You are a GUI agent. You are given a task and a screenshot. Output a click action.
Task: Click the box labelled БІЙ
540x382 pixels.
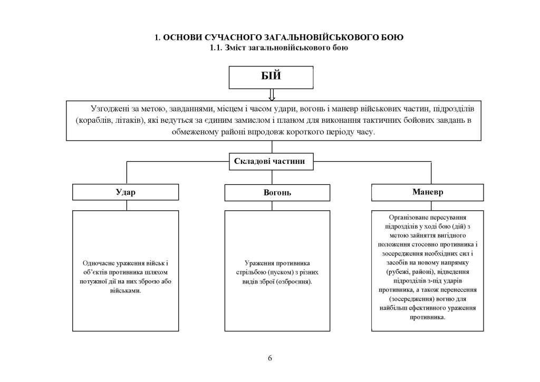click(x=270, y=77)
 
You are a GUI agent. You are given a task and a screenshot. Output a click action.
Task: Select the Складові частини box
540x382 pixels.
click(x=270, y=161)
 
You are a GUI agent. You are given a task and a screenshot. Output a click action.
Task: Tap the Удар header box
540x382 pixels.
click(x=126, y=192)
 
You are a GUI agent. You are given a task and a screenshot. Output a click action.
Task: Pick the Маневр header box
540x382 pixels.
click(x=427, y=192)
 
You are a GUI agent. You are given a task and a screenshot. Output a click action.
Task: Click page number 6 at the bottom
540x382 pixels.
click(x=270, y=359)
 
